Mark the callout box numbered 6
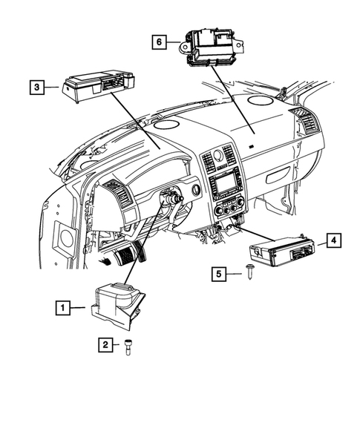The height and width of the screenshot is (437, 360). pos(157,42)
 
